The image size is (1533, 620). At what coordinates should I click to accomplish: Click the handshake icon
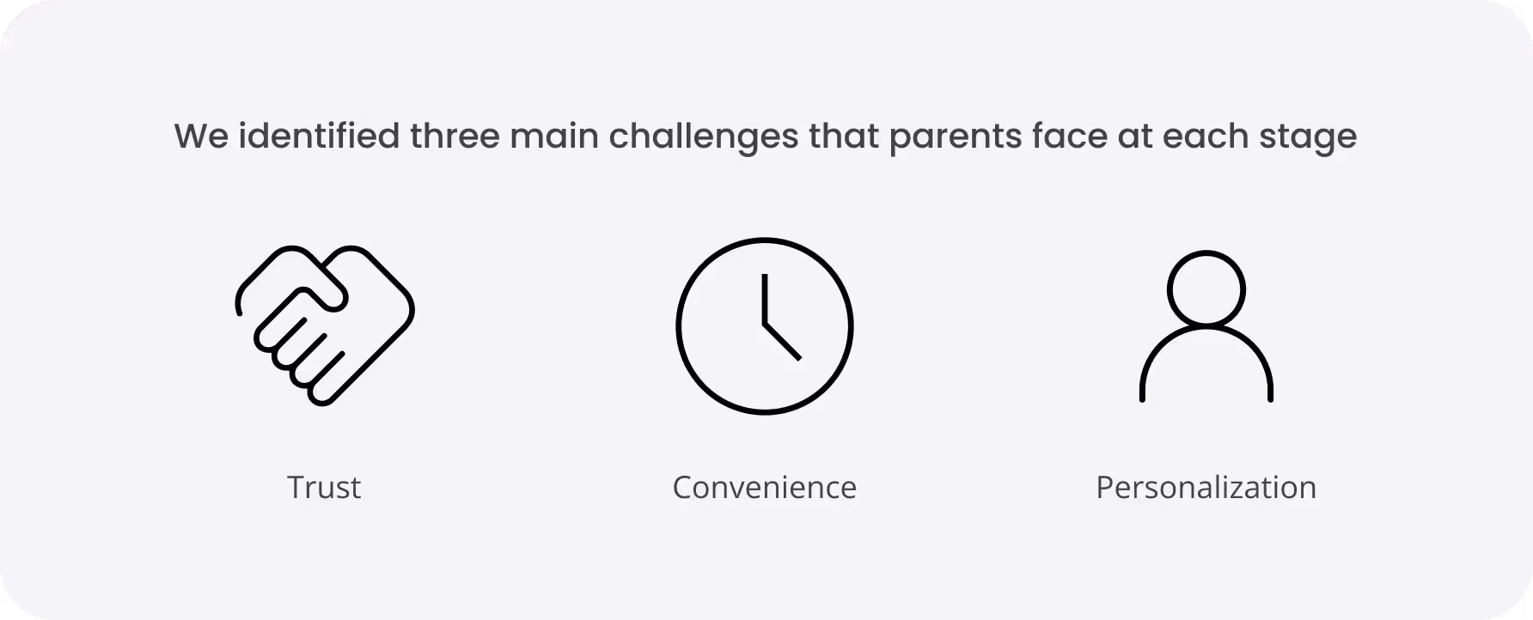[x=325, y=325]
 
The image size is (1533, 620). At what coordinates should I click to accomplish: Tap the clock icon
[x=764, y=326]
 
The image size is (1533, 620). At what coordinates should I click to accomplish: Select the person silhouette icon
[x=1206, y=326]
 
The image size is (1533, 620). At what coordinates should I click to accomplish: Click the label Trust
[x=324, y=487]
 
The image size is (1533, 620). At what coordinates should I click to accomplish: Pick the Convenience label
[x=764, y=487]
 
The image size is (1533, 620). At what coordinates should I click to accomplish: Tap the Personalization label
[x=1206, y=487]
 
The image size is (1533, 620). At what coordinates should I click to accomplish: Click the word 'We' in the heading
[x=202, y=137]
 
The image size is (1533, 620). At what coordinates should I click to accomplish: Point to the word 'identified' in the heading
[x=319, y=137]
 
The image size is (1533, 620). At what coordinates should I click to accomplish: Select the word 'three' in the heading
[x=455, y=137]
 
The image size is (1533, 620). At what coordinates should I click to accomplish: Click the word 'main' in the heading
[x=554, y=137]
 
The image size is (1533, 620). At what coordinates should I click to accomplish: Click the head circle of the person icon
[x=1206, y=289]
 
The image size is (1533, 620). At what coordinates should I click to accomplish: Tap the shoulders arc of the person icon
[x=1206, y=331]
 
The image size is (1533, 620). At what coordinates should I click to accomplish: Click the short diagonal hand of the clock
[x=782, y=342]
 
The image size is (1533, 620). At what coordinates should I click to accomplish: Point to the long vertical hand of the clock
[x=763, y=299]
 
